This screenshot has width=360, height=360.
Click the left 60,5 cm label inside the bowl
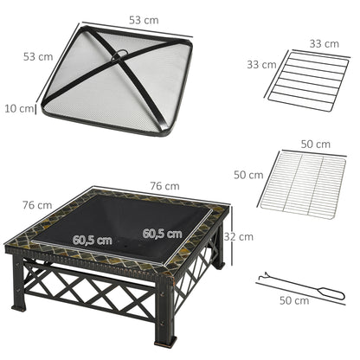[x=92, y=240]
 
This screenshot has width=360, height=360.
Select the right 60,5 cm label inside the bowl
[x=163, y=234]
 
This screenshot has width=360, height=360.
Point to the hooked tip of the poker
[x=261, y=278]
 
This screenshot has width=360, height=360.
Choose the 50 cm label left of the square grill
[x=248, y=175]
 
